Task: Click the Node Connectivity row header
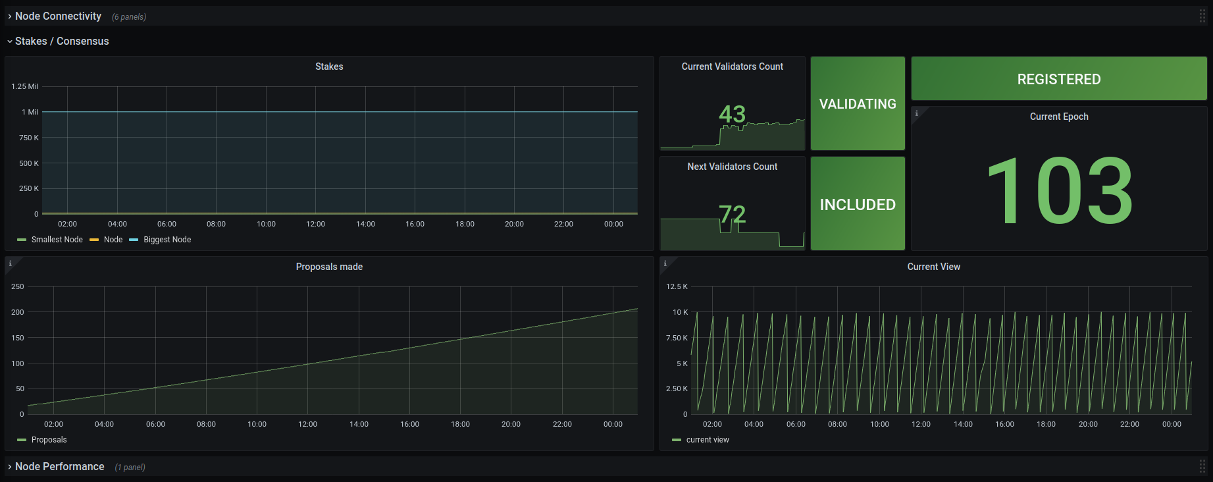pyautogui.click(x=58, y=16)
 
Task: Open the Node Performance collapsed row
pyautogui.click(x=59, y=466)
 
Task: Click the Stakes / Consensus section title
pyautogui.click(x=62, y=41)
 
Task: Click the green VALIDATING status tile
pyautogui.click(x=858, y=103)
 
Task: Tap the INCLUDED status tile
pyautogui.click(x=858, y=203)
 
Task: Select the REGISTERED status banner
pyautogui.click(x=1059, y=79)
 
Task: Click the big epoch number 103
pyautogui.click(x=1059, y=191)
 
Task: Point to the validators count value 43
pyautogui.click(x=732, y=114)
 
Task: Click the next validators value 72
pyautogui.click(x=732, y=214)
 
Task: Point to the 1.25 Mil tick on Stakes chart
pyautogui.click(x=25, y=86)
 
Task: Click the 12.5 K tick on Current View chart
pyautogui.click(x=677, y=286)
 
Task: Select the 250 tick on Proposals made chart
pyautogui.click(x=18, y=286)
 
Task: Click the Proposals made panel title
pyautogui.click(x=329, y=267)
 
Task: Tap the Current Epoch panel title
pyautogui.click(x=1059, y=117)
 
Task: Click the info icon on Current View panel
pyautogui.click(x=665, y=263)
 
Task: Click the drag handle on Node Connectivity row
pyautogui.click(x=1202, y=16)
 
